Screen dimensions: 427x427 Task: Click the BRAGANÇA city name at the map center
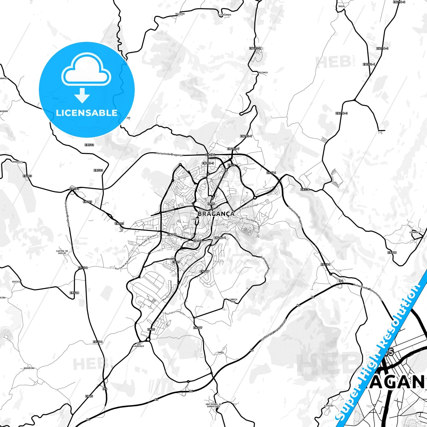pos(216,214)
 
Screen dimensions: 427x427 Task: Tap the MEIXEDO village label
pos(180,14)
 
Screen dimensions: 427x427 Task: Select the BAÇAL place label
pos(342,6)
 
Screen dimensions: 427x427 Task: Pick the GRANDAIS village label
pos(17,162)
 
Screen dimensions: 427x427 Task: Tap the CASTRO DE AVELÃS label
pos(62,252)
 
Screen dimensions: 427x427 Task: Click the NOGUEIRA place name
pos(29,368)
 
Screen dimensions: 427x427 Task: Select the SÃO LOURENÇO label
pos(138,345)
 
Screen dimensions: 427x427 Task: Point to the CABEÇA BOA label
pos(233,301)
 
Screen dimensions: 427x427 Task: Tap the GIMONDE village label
pos(414,232)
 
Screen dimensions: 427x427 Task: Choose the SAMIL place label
pos(221,352)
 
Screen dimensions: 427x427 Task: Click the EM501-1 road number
pos(369,64)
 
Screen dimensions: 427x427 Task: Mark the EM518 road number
pos(74,293)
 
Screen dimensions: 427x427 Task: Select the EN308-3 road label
pos(208,163)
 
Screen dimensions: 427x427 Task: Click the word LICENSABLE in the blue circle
pos(87,113)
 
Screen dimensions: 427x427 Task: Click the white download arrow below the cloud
pos(82,95)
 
